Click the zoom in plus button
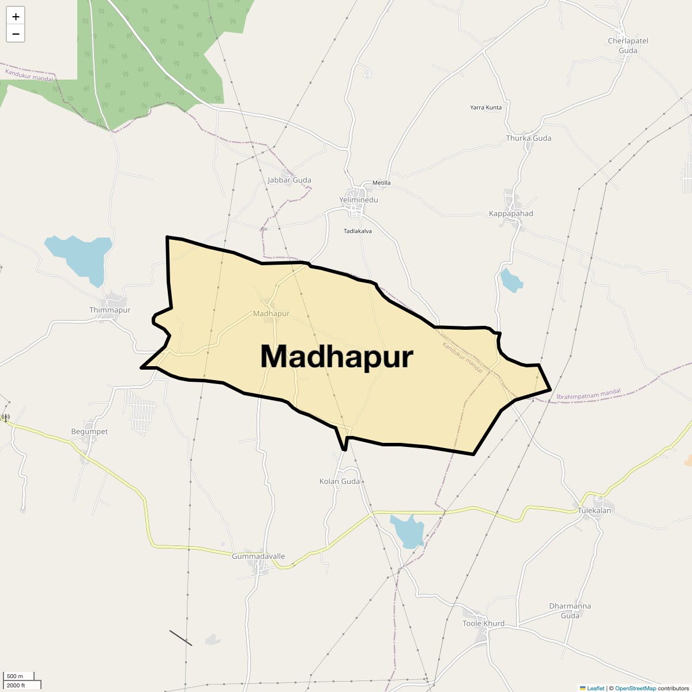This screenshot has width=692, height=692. click(16, 17)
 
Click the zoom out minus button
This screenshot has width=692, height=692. click(16, 34)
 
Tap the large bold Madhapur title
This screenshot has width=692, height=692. click(336, 356)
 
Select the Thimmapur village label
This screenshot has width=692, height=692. click(110, 310)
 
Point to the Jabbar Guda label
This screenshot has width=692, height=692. click(289, 180)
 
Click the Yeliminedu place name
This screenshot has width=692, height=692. click(358, 200)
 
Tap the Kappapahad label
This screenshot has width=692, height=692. click(511, 213)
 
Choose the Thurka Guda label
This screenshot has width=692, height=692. click(528, 138)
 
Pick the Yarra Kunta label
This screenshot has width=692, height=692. click(486, 107)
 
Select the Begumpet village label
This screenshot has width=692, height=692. click(89, 431)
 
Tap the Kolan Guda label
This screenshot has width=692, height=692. click(339, 481)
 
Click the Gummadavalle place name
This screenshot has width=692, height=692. click(258, 556)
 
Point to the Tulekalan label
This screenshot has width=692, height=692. click(594, 510)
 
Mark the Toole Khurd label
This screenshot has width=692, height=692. click(483, 623)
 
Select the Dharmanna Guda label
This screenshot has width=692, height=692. click(570, 611)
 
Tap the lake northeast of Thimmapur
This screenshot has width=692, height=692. click(81, 257)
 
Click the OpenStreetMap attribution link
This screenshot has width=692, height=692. click(635, 688)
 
